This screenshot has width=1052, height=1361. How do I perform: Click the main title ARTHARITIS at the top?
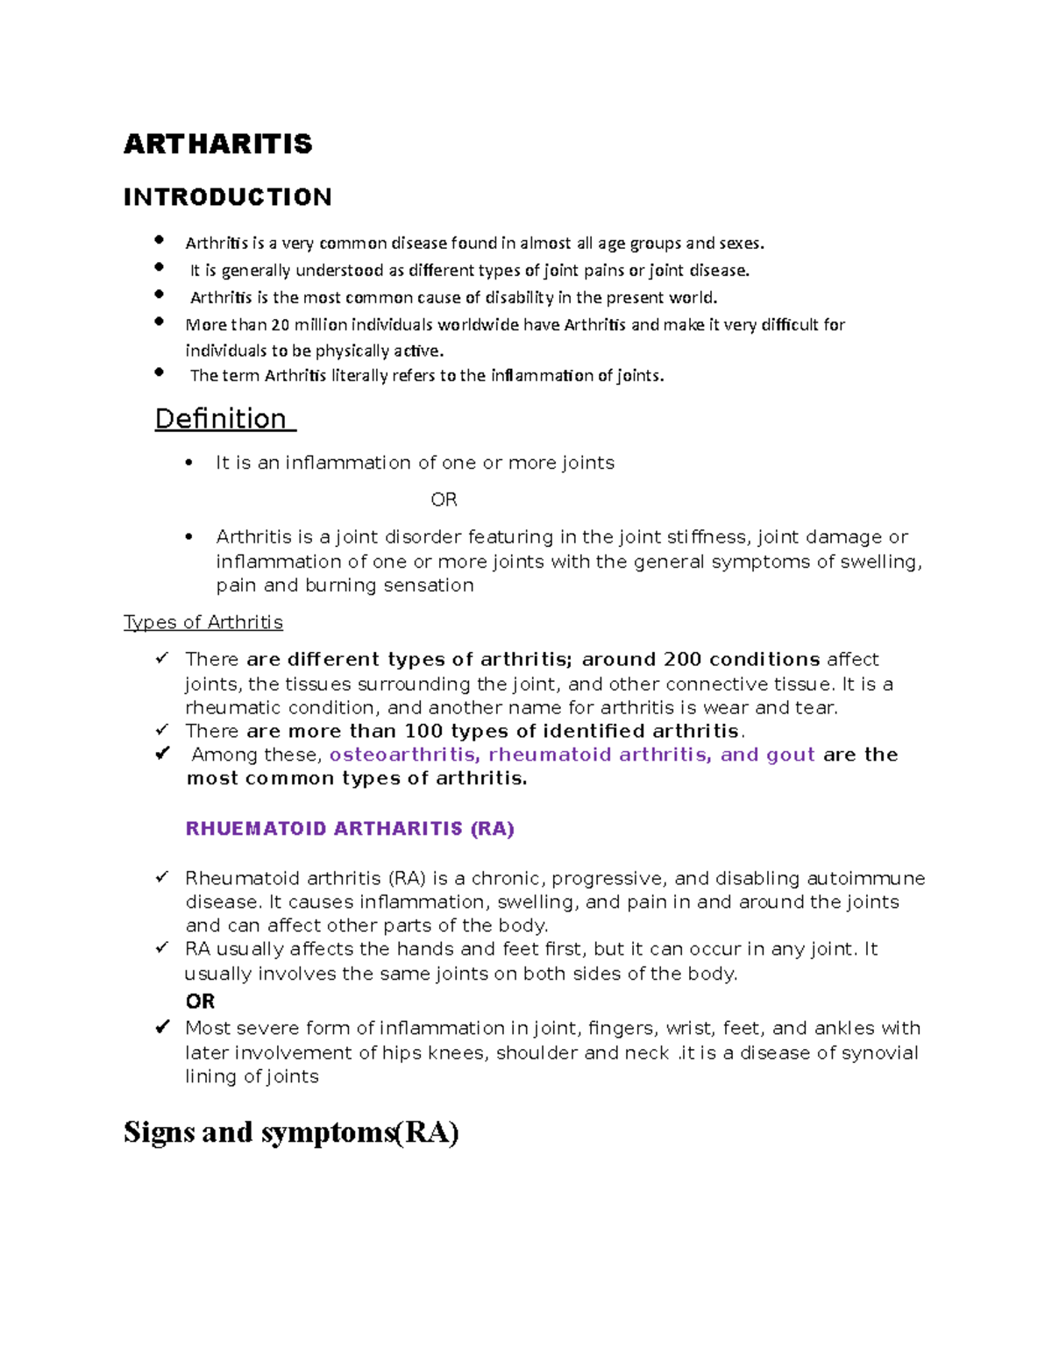[217, 144]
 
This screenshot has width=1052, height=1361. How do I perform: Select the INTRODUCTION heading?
[227, 197]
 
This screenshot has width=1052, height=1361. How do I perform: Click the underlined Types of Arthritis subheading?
[203, 622]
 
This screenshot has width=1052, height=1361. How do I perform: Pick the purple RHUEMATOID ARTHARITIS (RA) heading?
[350, 829]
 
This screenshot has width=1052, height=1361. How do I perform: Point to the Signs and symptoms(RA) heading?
[291, 1132]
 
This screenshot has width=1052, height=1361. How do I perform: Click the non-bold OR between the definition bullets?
[444, 500]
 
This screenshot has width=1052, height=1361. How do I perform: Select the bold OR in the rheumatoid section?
[200, 1001]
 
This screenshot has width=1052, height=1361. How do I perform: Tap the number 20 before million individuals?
[280, 325]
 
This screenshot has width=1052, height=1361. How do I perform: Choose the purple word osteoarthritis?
[404, 755]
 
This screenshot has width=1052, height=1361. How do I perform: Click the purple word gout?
[791, 755]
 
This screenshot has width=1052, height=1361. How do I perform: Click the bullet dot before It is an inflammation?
[189, 464]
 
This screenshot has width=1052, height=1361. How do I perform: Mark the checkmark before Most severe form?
[162, 1027]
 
